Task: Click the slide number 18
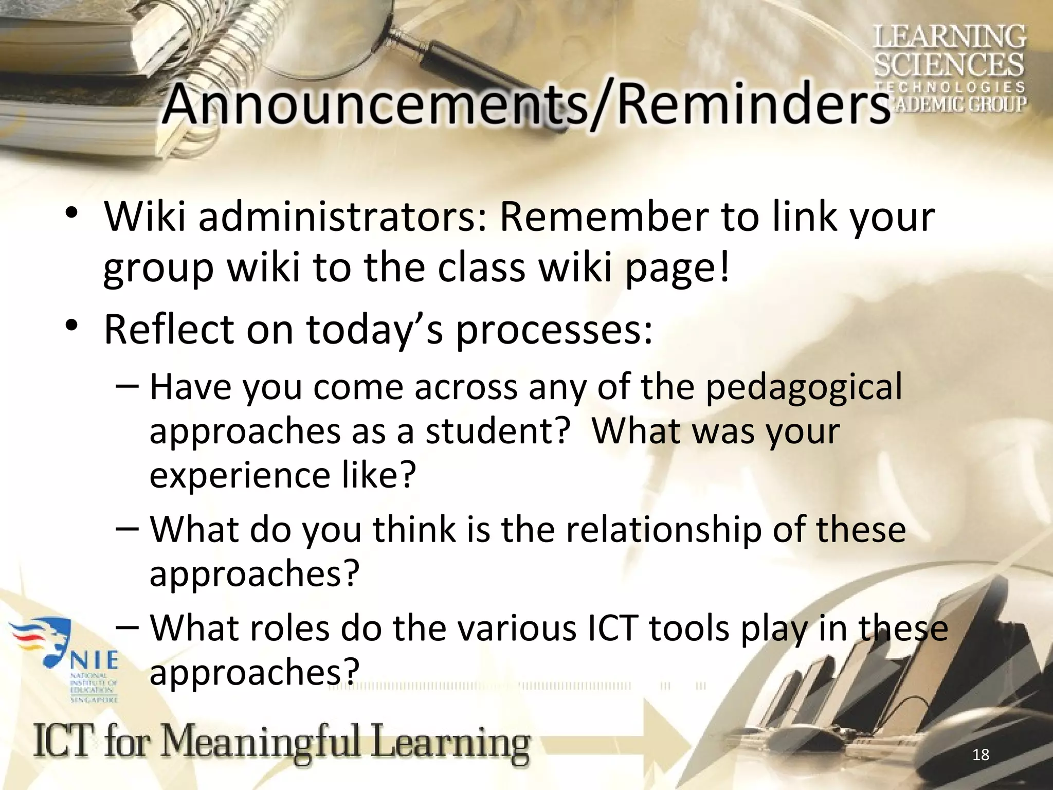(981, 755)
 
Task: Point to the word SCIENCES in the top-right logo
(949, 65)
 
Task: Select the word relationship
(663, 530)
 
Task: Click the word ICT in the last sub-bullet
(612, 629)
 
